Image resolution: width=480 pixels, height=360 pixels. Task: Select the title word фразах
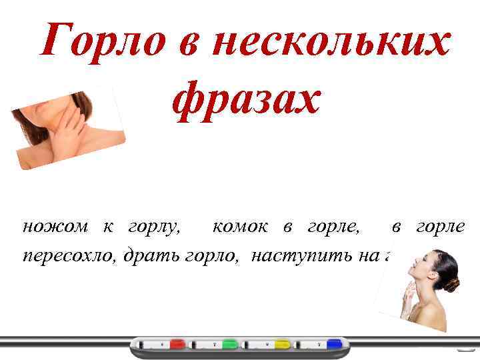tap(246, 99)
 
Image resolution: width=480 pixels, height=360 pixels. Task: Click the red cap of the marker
tap(177, 344)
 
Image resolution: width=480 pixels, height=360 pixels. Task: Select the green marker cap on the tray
tap(229, 344)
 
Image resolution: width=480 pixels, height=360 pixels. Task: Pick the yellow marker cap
tap(283, 344)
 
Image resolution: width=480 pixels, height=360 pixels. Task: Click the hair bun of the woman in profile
tap(454, 284)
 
